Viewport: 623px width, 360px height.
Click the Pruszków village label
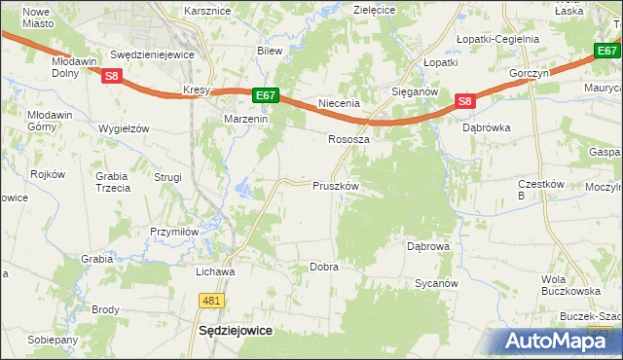coord(336,186)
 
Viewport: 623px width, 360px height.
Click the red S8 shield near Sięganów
coord(465,100)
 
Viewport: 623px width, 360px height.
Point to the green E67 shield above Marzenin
coord(267,95)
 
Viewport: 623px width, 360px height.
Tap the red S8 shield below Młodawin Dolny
coord(113,75)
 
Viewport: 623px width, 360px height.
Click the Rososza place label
coord(348,139)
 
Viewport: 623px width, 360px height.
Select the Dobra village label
coord(323,267)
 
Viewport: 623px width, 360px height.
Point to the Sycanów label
coord(436,283)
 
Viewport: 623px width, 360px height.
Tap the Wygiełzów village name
coord(124,128)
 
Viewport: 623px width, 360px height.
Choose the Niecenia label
coord(340,103)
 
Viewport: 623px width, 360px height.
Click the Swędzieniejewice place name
coord(153,55)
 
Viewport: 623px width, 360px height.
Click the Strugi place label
coord(168,177)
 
